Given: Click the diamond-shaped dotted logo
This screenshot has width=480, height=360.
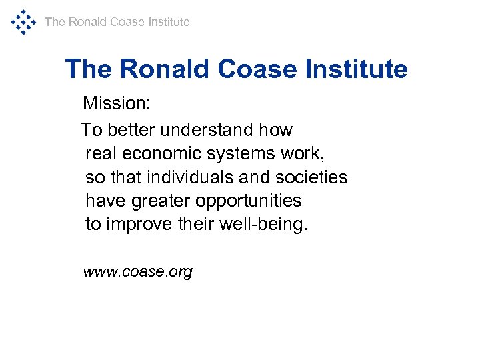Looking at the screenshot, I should coord(23,22).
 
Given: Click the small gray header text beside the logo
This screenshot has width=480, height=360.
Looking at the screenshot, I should coord(117,22).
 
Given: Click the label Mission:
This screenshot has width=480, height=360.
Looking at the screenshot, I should coord(117,103).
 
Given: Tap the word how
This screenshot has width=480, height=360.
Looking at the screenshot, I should coord(276,129).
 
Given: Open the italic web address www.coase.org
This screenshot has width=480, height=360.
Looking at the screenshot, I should coord(137,272).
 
